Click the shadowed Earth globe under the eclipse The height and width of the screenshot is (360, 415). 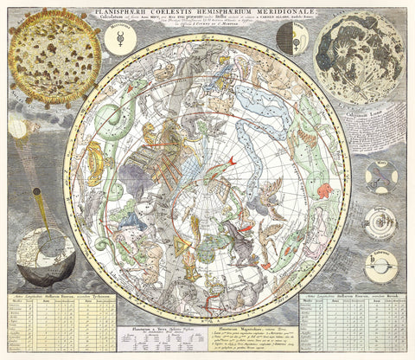point(45,256)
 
